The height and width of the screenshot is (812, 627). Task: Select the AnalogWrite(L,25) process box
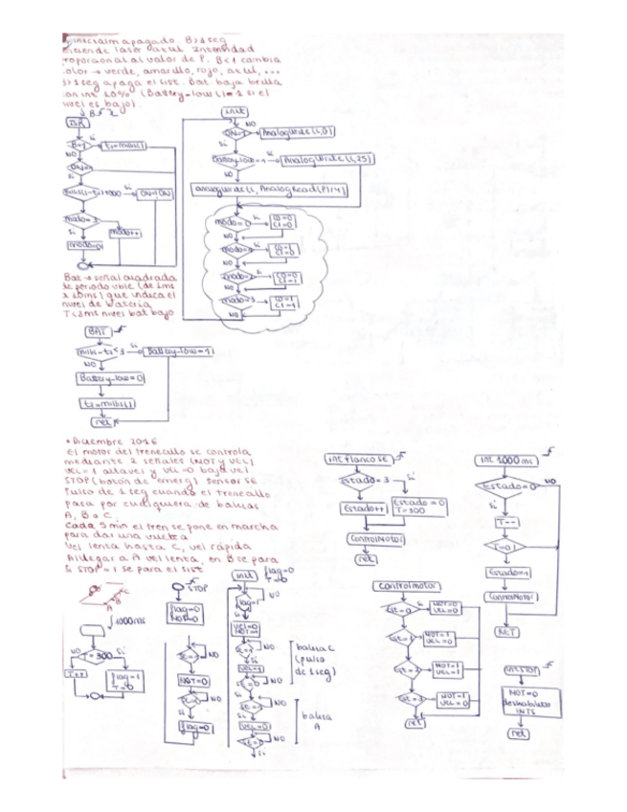pos(315,158)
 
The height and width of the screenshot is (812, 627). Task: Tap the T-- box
pos(504,523)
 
